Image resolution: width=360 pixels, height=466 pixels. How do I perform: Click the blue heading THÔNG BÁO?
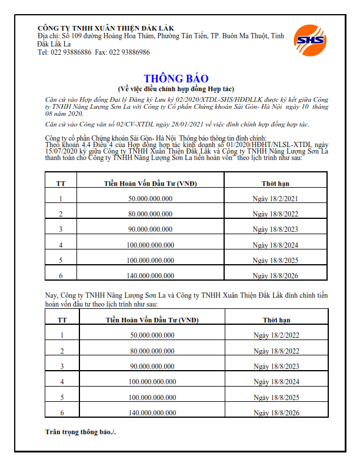point(176,79)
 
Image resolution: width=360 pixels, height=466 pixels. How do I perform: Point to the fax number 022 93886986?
point(129,52)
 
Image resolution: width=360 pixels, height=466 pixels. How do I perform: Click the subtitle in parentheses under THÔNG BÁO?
point(176,88)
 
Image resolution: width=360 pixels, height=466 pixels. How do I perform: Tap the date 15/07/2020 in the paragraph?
point(65,151)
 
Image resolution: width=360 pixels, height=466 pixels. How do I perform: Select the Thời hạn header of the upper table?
point(275,184)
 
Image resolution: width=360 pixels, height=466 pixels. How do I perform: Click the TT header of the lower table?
point(62,320)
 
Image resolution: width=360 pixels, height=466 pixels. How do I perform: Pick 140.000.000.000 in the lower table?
point(152,414)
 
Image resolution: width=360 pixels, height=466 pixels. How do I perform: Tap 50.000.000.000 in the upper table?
point(150,199)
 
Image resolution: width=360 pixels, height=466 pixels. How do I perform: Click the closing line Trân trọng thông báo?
point(81,432)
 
